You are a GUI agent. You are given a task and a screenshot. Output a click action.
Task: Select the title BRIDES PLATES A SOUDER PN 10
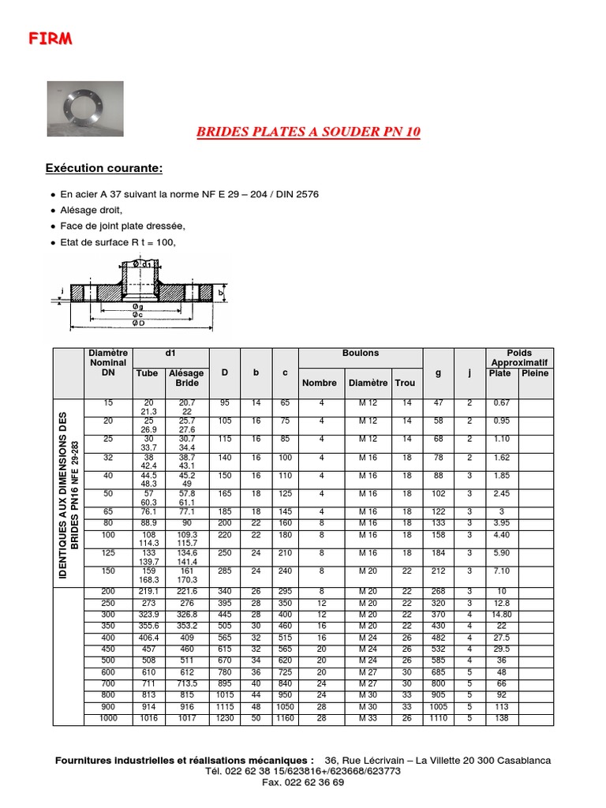click(308, 132)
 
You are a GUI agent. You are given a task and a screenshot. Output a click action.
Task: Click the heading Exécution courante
click(104, 168)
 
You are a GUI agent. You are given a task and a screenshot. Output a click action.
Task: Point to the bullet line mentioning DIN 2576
click(189, 194)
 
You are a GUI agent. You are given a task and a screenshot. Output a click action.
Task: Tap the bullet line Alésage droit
click(92, 210)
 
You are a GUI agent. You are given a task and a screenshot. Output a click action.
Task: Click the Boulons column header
click(360, 353)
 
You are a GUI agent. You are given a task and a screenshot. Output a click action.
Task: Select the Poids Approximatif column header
click(519, 358)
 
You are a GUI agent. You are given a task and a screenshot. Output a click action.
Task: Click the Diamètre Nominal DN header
click(108, 363)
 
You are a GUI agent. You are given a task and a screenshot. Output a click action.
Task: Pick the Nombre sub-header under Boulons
click(320, 383)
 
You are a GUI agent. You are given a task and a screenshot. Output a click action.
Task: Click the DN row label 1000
click(108, 719)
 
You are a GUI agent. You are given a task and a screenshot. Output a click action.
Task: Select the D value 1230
click(225, 719)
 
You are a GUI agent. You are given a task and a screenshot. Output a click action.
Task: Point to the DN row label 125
click(108, 552)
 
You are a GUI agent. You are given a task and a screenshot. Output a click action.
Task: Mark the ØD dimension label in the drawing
click(138, 324)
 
